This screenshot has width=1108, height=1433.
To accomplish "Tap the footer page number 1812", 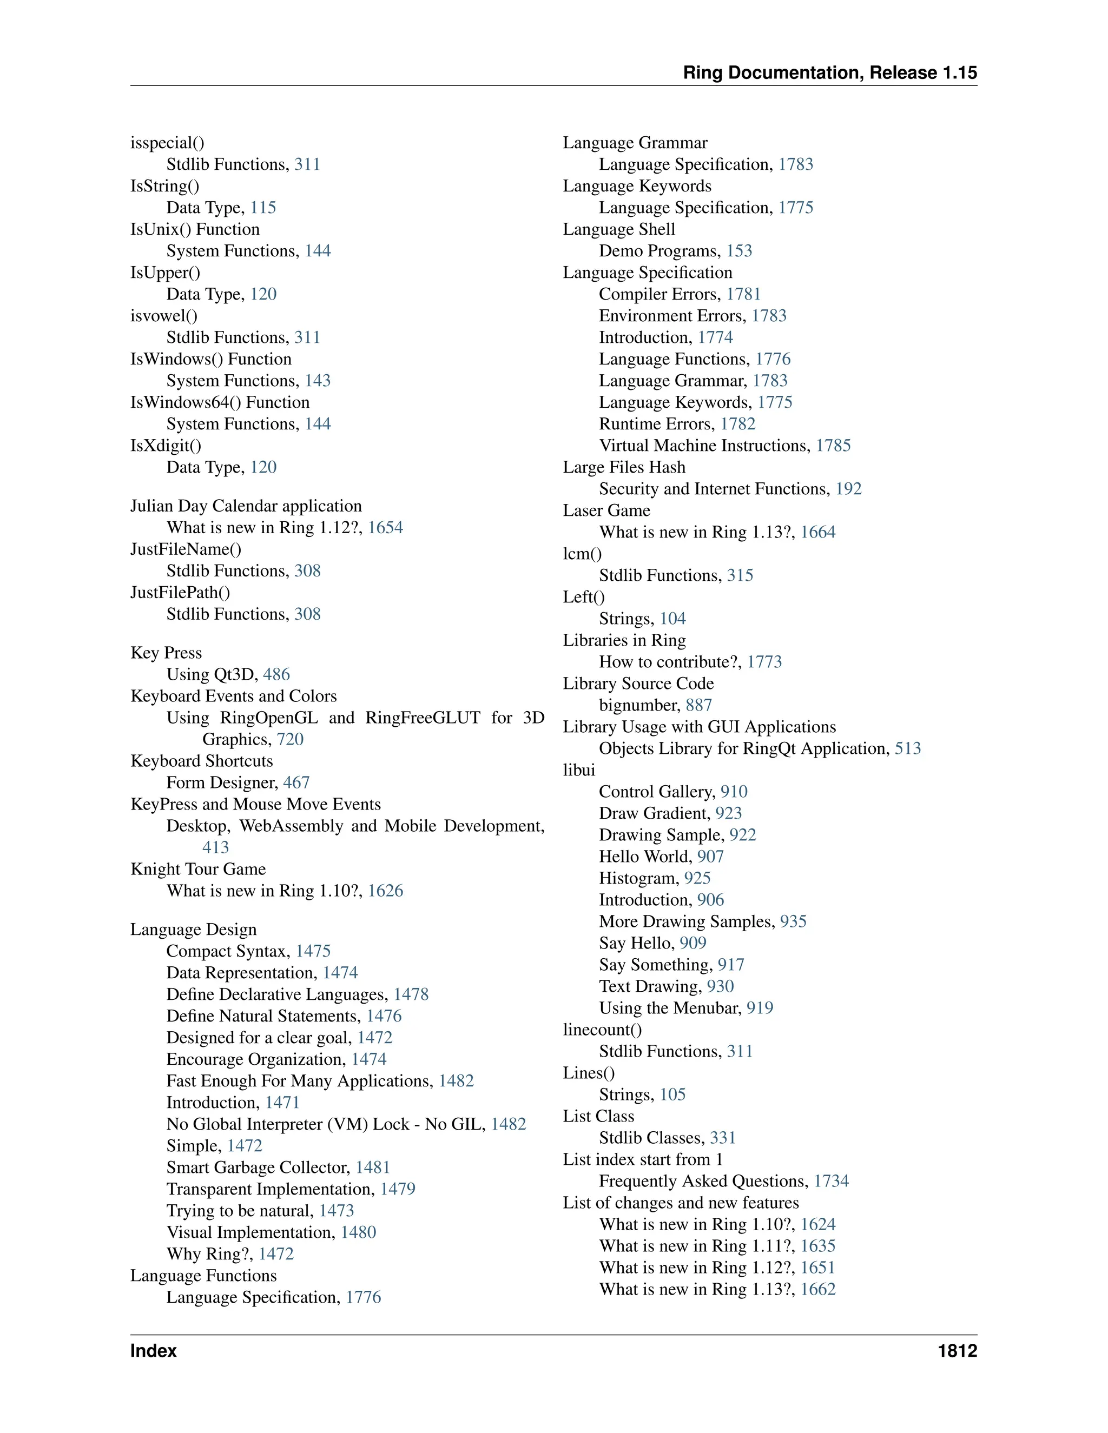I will coord(957,1350).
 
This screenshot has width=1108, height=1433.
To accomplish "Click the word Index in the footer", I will coord(154,1350).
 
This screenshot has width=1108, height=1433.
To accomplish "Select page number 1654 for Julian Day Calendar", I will coord(385,528).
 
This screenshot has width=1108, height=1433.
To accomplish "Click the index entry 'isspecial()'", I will coord(167,143).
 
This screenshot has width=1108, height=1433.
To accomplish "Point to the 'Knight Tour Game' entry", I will coord(198,869).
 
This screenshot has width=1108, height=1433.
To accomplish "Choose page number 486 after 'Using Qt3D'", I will coord(276,674).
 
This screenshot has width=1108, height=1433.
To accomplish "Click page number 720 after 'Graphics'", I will coord(290,739).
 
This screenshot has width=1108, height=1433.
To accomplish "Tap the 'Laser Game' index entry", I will coord(606,510).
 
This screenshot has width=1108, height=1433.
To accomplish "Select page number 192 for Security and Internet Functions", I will coord(848,489).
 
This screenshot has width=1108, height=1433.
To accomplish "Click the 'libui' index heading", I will coord(579,769).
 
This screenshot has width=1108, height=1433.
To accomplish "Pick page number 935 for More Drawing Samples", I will coord(793,921).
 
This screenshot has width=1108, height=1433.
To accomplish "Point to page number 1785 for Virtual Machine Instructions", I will coord(833,446).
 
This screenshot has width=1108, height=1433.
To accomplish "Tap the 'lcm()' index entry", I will coord(582,554).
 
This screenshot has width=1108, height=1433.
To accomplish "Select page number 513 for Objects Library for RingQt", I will coord(908,748).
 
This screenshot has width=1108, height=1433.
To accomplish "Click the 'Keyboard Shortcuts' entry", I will coord(201,761).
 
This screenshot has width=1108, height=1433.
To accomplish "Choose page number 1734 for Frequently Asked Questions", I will coord(831,1181).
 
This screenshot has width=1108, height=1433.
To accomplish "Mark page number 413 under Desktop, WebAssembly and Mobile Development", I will coord(215,848).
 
